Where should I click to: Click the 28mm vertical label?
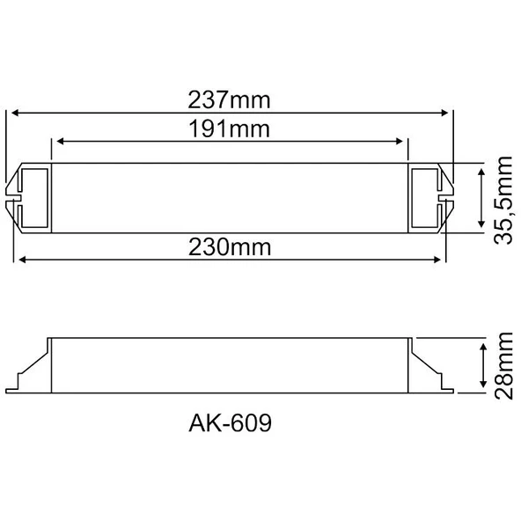(503, 366)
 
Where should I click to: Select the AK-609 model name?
(230, 423)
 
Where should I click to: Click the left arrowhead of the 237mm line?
(15, 113)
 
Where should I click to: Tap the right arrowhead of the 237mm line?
(444, 113)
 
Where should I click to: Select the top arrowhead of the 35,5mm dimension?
(481, 172)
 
